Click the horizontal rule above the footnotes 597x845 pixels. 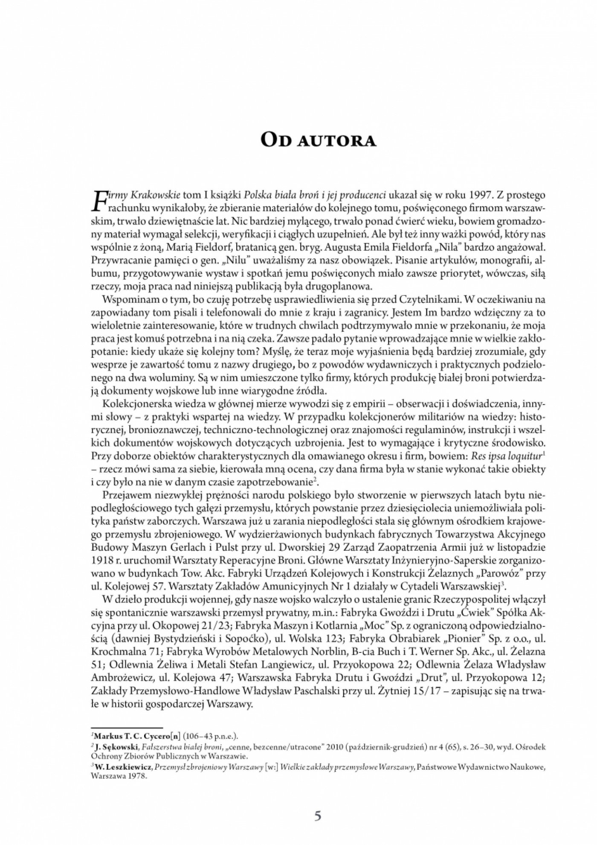pos(128,728)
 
